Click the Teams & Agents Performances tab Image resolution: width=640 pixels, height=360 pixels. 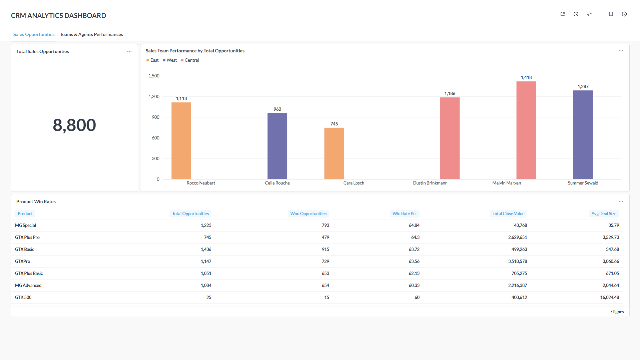point(91,34)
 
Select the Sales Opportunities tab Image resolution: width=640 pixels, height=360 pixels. point(34,34)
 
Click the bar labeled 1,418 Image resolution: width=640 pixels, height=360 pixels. point(526,130)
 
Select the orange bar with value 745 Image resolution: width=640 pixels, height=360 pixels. point(334,153)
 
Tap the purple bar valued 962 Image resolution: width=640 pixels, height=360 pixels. point(277,146)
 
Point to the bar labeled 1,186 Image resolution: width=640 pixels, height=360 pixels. point(450,138)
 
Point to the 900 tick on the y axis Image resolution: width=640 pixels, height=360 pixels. point(155,117)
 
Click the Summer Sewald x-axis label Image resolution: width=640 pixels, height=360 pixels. point(583,183)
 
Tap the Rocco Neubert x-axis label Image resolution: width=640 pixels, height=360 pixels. point(201,183)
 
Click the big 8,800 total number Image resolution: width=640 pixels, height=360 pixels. point(74,125)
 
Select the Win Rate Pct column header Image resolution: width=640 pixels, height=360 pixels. point(404,214)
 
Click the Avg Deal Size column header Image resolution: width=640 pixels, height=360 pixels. point(603,214)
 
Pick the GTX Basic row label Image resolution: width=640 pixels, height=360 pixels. point(25,249)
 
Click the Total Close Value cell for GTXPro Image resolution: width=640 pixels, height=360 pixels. point(517,261)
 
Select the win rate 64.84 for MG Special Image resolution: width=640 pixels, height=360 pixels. point(414,225)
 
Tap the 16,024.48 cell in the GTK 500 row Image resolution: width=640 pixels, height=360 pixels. point(609,297)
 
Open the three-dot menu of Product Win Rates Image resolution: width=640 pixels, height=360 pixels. point(621,202)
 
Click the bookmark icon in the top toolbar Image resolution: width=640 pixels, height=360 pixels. point(611,14)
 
